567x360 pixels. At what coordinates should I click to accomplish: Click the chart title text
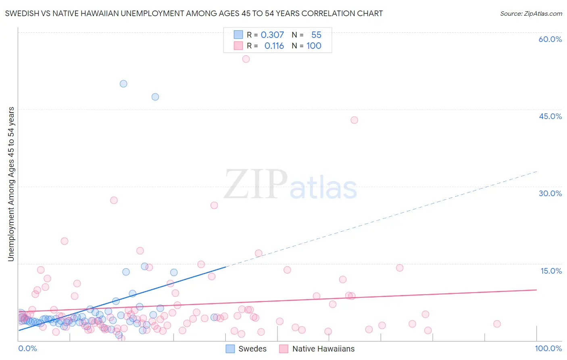(194, 13)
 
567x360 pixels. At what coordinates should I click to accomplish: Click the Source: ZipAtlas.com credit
(531, 13)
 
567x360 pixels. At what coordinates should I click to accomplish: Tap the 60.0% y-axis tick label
(550, 39)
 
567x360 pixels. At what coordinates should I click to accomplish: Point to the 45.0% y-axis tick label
(550, 116)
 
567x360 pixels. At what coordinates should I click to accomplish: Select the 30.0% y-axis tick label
(550, 193)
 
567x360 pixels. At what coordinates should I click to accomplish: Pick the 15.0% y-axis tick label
(551, 270)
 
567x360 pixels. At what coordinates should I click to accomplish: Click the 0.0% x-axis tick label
(27, 348)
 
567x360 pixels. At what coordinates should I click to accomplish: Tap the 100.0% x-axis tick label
(548, 348)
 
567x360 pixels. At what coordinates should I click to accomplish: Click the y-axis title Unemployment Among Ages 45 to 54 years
(11, 184)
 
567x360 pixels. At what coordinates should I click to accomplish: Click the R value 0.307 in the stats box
(272, 35)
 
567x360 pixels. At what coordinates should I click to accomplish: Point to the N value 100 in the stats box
(314, 46)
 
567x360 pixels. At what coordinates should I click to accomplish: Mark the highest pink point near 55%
(246, 59)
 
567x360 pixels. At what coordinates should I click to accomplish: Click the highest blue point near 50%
(123, 84)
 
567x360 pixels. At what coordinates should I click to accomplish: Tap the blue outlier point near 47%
(155, 97)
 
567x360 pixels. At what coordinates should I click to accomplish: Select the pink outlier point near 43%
(354, 120)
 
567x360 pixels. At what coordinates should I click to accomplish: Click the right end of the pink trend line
(536, 290)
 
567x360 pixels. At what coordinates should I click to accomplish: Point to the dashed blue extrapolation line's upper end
(536, 172)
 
